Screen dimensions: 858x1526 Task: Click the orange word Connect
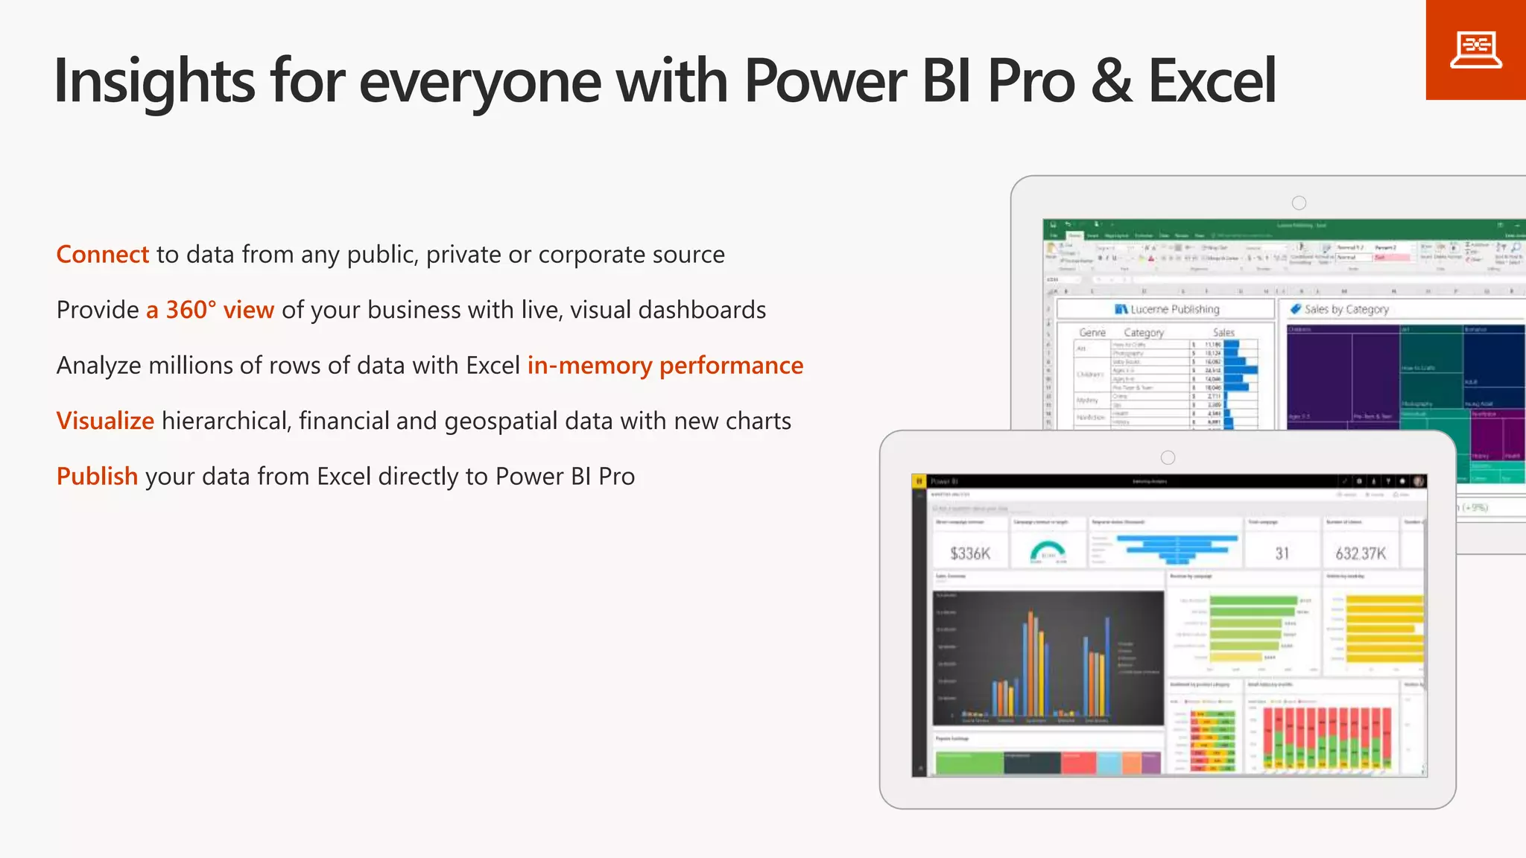pos(103,255)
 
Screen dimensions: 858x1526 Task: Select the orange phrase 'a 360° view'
pos(210,310)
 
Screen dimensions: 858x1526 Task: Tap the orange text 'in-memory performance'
pos(665,366)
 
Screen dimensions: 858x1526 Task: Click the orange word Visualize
pos(105,421)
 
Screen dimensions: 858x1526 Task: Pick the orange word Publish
pos(97,477)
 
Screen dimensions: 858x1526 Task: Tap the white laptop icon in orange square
pos(1475,50)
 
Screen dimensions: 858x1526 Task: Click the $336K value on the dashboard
pos(970,553)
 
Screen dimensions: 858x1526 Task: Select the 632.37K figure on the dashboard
pos(1361,553)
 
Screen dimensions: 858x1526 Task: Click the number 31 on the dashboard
pos(1282,553)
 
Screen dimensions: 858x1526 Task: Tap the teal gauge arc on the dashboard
pos(1048,550)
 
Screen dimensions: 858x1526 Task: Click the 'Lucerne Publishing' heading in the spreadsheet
pos(1174,309)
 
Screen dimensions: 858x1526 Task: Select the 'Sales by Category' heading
pos(1346,309)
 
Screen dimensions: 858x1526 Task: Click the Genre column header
pos(1092,333)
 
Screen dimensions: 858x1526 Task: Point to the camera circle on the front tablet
pos(1168,457)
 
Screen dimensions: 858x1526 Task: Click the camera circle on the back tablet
pos(1299,203)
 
